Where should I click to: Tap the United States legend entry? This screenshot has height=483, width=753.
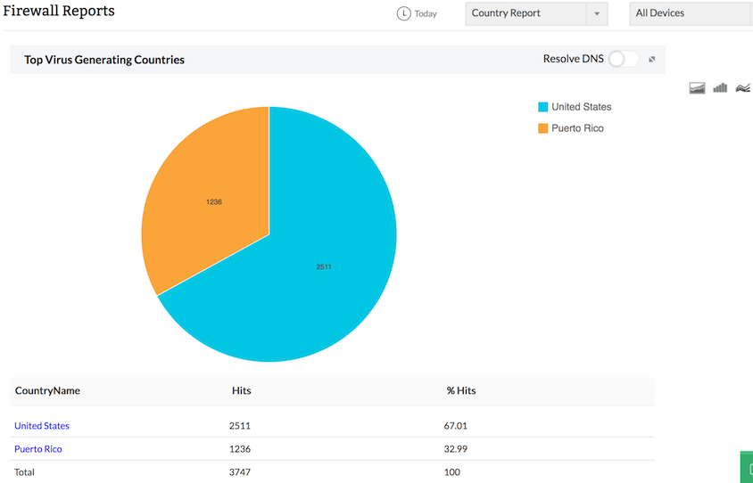coord(581,107)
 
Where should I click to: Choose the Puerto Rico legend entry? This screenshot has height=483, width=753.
coord(576,128)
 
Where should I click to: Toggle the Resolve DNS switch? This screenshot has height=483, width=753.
coord(624,59)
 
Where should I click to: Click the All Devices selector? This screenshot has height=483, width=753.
coord(687,13)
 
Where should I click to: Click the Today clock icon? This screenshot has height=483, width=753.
coord(404,13)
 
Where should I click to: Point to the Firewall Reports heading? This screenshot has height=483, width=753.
coord(59,12)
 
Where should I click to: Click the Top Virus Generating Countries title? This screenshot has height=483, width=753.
coord(104,60)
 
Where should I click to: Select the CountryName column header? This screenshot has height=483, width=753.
coord(47,390)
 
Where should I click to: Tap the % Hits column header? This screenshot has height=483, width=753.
coord(461,390)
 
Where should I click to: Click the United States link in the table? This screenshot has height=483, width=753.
coord(42,426)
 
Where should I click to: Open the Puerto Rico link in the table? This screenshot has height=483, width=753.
coord(38,449)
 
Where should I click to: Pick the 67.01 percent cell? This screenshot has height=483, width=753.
coord(456,426)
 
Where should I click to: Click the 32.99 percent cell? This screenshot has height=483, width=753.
coord(456,449)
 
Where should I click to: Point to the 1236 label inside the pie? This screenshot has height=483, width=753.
coord(214,202)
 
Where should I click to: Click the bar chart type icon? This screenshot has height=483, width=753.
coord(720,87)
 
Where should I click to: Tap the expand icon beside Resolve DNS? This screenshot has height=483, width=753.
coord(652,60)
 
